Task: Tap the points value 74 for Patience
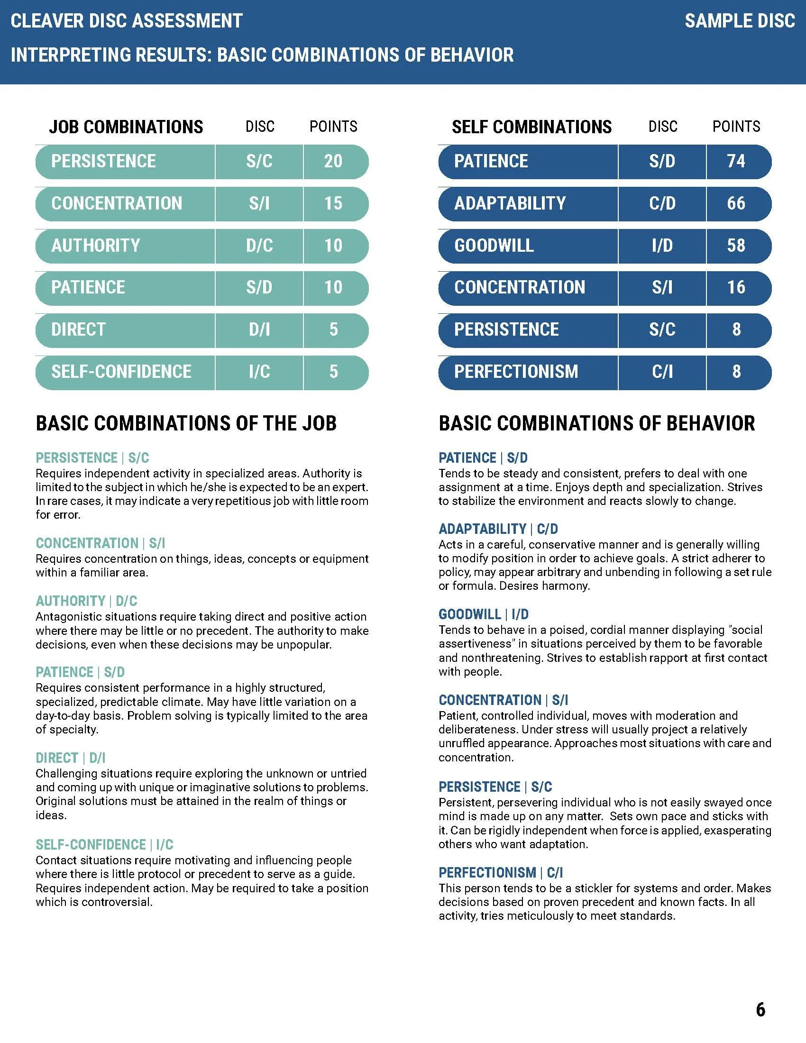736,161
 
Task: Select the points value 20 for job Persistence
333,161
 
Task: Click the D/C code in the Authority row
259,246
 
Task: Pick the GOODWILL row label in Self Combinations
494,246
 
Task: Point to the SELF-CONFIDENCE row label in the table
121,372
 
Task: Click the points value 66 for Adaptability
736,203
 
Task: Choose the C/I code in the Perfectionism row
662,372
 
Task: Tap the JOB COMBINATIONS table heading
126,127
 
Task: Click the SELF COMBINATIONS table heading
531,127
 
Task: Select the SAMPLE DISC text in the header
740,21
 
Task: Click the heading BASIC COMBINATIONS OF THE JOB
186,423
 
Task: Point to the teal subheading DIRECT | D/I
71,758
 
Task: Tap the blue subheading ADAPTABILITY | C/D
498,529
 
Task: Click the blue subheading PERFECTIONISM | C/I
500,872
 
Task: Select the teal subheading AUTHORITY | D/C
86,601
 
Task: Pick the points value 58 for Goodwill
736,246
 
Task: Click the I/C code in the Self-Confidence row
259,372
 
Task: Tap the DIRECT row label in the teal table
78,329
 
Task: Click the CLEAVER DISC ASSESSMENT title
127,21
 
